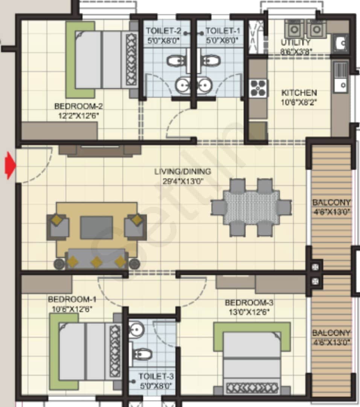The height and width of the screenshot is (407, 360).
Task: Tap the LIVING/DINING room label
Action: click(x=183, y=172)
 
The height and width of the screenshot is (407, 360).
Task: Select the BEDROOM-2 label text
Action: click(x=76, y=106)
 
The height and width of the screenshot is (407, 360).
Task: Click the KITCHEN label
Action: click(x=299, y=92)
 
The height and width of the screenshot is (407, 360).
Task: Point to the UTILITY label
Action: click(x=296, y=43)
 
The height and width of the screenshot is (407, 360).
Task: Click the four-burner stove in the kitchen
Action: click(x=258, y=89)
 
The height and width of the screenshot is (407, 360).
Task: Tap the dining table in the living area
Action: click(x=251, y=208)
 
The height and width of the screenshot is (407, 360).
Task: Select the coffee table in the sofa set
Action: click(x=96, y=228)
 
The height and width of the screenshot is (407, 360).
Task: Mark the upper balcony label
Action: click(x=331, y=202)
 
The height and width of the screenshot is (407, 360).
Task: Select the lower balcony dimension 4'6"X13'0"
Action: click(x=331, y=343)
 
